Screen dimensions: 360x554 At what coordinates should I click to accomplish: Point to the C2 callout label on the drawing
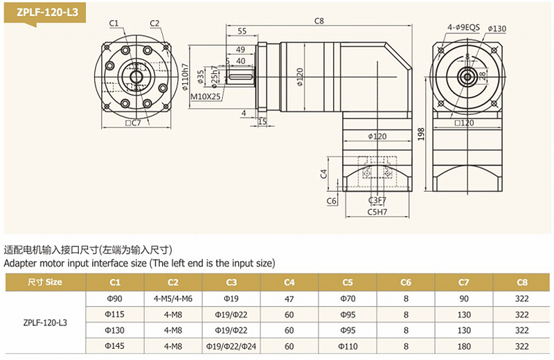coord(154,23)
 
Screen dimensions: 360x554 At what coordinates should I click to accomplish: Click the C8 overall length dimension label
coord(319,21)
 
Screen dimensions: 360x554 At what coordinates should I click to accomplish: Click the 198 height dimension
coord(422,134)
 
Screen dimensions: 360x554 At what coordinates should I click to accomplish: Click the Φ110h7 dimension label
coord(185,79)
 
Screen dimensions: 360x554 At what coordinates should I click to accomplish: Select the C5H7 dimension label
coord(377,212)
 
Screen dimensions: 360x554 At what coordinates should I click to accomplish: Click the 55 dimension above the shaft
coord(242,31)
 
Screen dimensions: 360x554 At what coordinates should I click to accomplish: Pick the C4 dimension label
coord(323,173)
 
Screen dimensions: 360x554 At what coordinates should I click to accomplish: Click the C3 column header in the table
coord(231,282)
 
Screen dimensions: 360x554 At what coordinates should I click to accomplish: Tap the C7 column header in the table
coord(464,282)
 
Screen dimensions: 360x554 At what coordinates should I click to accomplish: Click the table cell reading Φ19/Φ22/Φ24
coord(231,345)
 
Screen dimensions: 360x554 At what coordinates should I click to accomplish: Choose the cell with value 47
coord(289,298)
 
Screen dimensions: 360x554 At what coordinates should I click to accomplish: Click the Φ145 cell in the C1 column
coord(114,345)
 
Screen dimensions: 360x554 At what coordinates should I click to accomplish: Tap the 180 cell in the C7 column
coord(464,345)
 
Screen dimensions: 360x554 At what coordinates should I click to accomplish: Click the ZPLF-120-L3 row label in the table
coord(45,322)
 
